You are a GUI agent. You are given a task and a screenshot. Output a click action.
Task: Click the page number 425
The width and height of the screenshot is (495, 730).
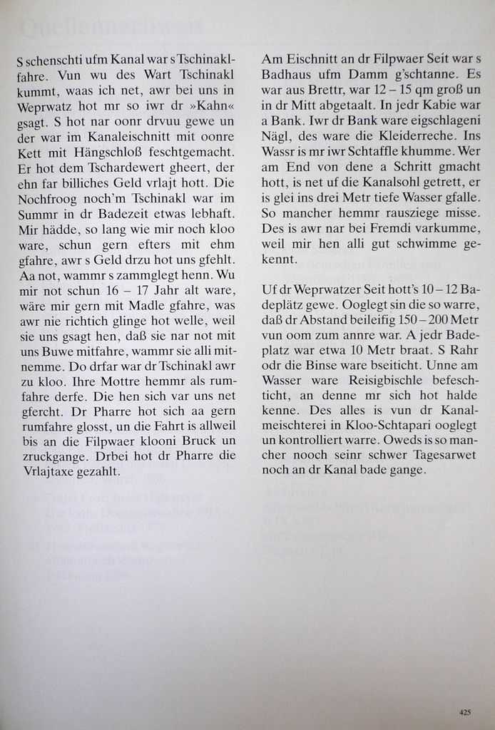point(465,711)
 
